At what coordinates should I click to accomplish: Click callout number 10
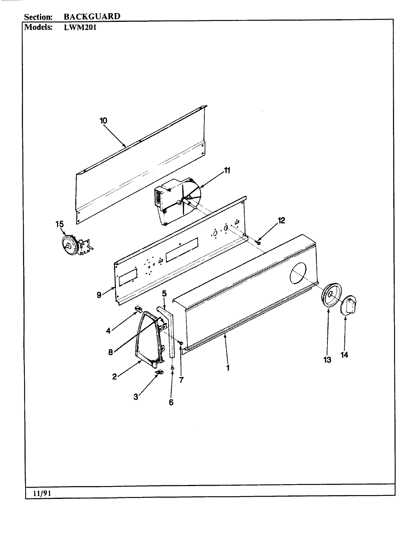[x=103, y=121]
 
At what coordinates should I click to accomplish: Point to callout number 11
[x=227, y=170]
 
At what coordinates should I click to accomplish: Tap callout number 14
[x=344, y=354]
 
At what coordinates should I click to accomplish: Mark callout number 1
[x=228, y=368]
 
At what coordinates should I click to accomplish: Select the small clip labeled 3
[x=160, y=372]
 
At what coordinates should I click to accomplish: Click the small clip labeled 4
[x=138, y=310]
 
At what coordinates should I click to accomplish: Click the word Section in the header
[x=38, y=17]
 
